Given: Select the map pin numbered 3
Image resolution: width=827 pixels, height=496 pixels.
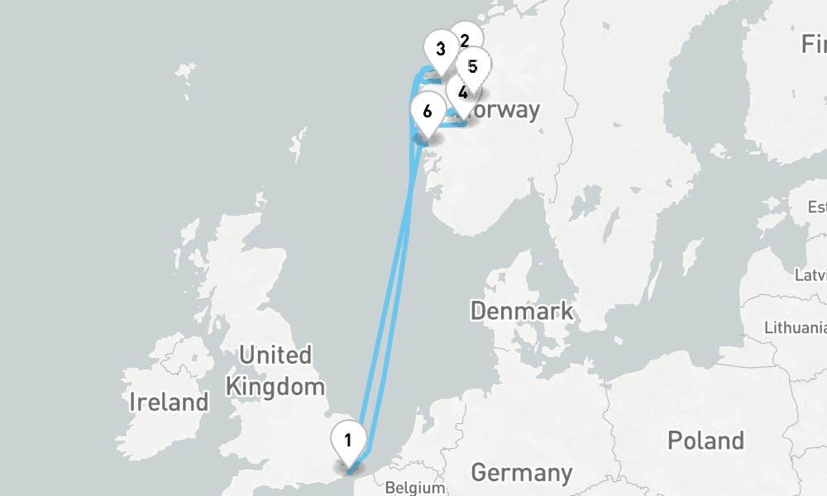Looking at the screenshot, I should (x=440, y=50).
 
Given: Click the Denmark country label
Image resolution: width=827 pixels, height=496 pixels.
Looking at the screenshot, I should (x=522, y=311).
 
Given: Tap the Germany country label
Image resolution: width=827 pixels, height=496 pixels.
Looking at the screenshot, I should (x=521, y=473).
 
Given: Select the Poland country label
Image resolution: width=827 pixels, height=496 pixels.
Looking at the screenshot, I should (x=705, y=440).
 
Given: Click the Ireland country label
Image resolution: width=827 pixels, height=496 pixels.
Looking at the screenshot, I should (x=170, y=403).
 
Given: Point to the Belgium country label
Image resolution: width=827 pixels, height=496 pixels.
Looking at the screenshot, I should (x=415, y=488).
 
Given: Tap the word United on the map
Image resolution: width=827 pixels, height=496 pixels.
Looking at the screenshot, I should (x=275, y=355).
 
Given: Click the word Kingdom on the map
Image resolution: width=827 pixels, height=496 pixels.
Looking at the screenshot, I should (x=275, y=385).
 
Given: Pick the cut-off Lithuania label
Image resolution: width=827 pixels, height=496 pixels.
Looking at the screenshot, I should (x=795, y=327).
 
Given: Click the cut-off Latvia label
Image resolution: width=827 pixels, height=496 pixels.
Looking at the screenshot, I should (x=810, y=274).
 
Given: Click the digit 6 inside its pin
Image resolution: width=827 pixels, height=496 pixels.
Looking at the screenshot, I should (x=427, y=110).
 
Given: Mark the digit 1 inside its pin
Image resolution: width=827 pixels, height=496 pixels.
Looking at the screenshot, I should (x=349, y=438).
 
